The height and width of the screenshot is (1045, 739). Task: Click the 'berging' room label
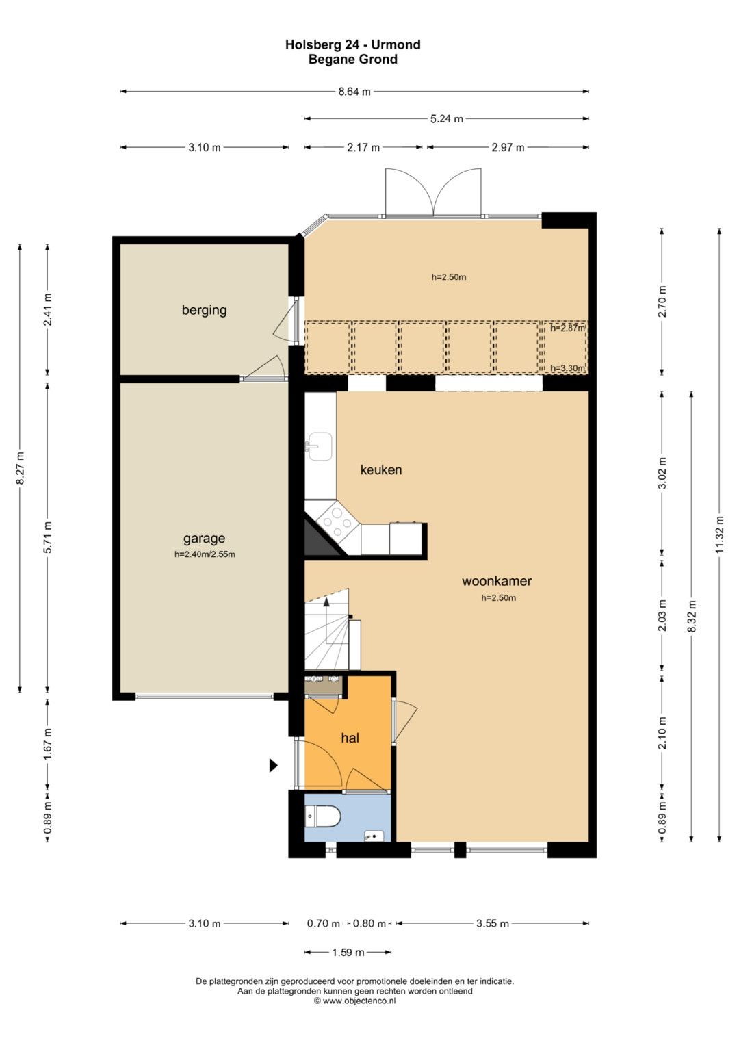point(204,310)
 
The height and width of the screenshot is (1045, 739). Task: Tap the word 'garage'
point(204,539)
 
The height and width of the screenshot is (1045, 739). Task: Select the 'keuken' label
point(380,469)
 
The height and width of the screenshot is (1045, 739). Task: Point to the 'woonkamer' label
point(497,581)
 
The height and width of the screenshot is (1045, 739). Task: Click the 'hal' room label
point(350,738)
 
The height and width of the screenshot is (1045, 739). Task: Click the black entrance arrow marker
point(274,765)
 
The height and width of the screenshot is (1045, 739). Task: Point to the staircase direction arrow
point(326,614)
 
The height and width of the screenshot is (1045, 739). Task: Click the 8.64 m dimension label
point(354,92)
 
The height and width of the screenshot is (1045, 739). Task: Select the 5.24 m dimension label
point(446,119)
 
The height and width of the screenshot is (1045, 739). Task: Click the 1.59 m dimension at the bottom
point(348,952)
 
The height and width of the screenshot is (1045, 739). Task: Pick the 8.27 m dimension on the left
point(20,468)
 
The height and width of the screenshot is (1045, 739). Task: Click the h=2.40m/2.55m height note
point(205,555)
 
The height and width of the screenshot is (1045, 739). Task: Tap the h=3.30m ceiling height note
point(567,369)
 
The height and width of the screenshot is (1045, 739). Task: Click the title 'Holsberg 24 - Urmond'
point(352,44)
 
